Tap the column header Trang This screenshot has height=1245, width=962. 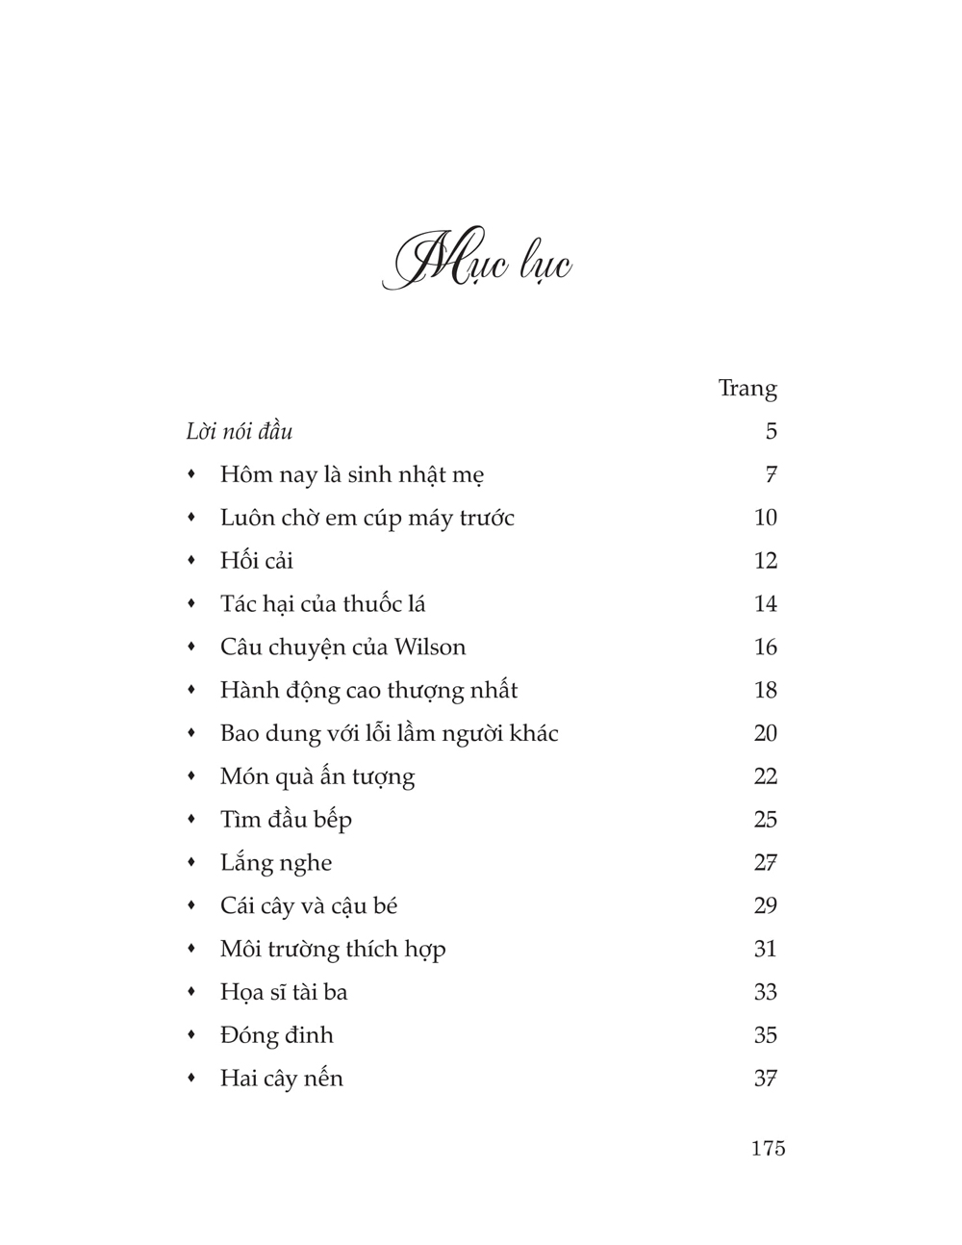point(747,389)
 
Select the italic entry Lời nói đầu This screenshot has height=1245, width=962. point(239,431)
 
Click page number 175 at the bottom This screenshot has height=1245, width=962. point(768,1148)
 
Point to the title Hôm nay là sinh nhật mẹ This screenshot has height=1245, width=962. point(351,474)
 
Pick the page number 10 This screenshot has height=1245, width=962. point(765,518)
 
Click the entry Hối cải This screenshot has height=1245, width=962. point(256,561)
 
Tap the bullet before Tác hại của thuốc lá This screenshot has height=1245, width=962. point(191,604)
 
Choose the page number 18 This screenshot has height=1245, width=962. point(765,690)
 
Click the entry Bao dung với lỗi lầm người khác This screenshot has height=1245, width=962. point(389,733)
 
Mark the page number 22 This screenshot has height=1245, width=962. point(765,776)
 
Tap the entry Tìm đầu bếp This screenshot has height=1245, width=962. point(286,820)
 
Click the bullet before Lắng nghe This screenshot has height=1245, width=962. point(191,863)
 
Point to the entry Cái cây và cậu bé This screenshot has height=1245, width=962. point(308,905)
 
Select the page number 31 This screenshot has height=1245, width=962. point(765,949)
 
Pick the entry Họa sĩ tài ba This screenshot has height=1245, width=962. point(283,992)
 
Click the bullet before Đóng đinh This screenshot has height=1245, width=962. point(191,1035)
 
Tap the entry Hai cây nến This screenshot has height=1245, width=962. point(281,1079)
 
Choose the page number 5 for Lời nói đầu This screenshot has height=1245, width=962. point(771,431)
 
